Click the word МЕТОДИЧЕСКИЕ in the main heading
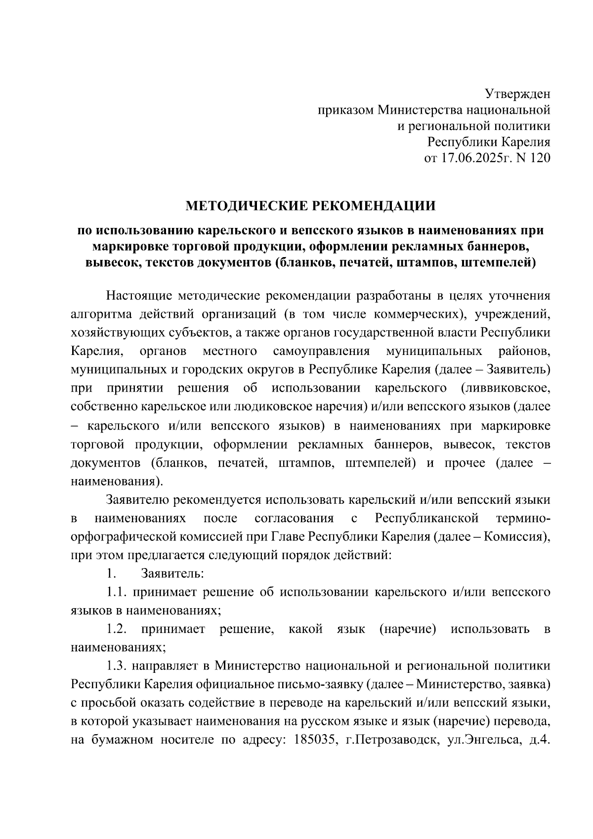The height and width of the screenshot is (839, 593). click(x=246, y=205)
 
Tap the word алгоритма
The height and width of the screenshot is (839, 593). click(x=101, y=314)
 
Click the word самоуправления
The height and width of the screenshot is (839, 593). click(x=321, y=352)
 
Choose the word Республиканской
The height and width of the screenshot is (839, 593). click(x=427, y=519)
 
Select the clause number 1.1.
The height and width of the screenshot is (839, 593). click(x=117, y=592)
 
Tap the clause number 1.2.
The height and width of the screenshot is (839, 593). click(x=117, y=629)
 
